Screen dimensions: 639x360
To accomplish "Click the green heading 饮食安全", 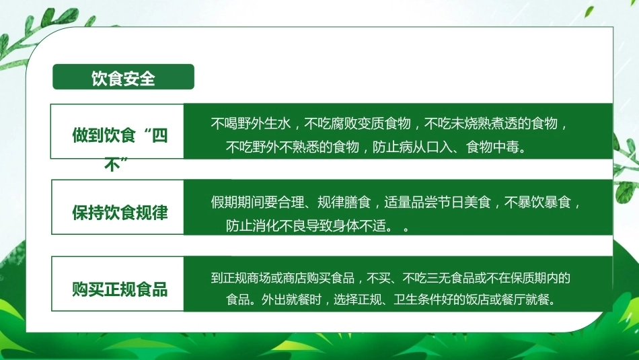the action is click(x=123, y=78).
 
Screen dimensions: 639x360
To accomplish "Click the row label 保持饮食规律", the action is click(x=120, y=213).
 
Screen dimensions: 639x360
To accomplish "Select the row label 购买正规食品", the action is click(x=120, y=289).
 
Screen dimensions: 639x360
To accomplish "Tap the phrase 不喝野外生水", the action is click(x=251, y=123).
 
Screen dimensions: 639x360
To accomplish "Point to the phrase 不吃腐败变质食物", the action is click(x=357, y=123).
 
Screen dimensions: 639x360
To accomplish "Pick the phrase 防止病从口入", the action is click(x=412, y=147).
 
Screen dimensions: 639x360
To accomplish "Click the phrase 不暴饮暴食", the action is click(x=537, y=203).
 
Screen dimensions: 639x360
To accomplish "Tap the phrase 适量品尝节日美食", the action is click(x=437, y=203).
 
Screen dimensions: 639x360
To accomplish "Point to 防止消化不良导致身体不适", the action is click(x=305, y=225).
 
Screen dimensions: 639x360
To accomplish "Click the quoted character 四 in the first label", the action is click(x=159, y=135).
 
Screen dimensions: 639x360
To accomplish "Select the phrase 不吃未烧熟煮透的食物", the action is click(x=490, y=123).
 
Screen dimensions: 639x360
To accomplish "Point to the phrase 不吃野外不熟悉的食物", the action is click(x=292, y=147).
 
